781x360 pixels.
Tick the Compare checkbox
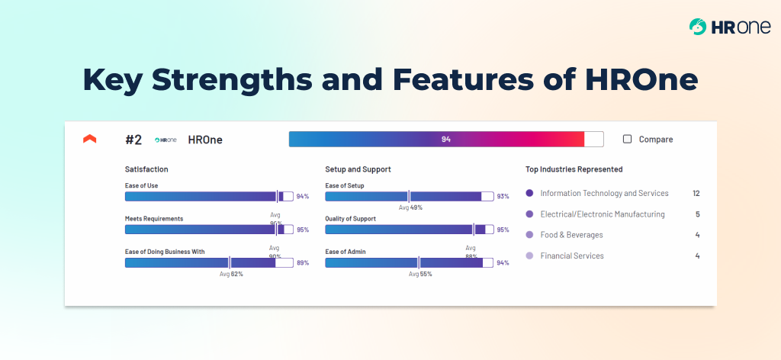628,140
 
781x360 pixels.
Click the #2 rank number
133,140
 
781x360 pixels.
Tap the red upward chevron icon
90,139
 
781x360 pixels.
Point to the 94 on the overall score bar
446,140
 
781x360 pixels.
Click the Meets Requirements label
154,219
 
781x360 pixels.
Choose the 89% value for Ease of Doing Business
303,263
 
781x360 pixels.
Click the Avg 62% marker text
231,274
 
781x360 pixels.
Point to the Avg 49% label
410,207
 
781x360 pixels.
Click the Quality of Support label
350,219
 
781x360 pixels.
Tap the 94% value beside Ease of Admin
503,263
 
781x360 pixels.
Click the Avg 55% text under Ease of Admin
419,274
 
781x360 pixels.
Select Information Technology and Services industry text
604,194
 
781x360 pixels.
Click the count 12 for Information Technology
696,194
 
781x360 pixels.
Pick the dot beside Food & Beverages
529,235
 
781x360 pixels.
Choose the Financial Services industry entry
571,256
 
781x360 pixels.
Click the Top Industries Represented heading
574,169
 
